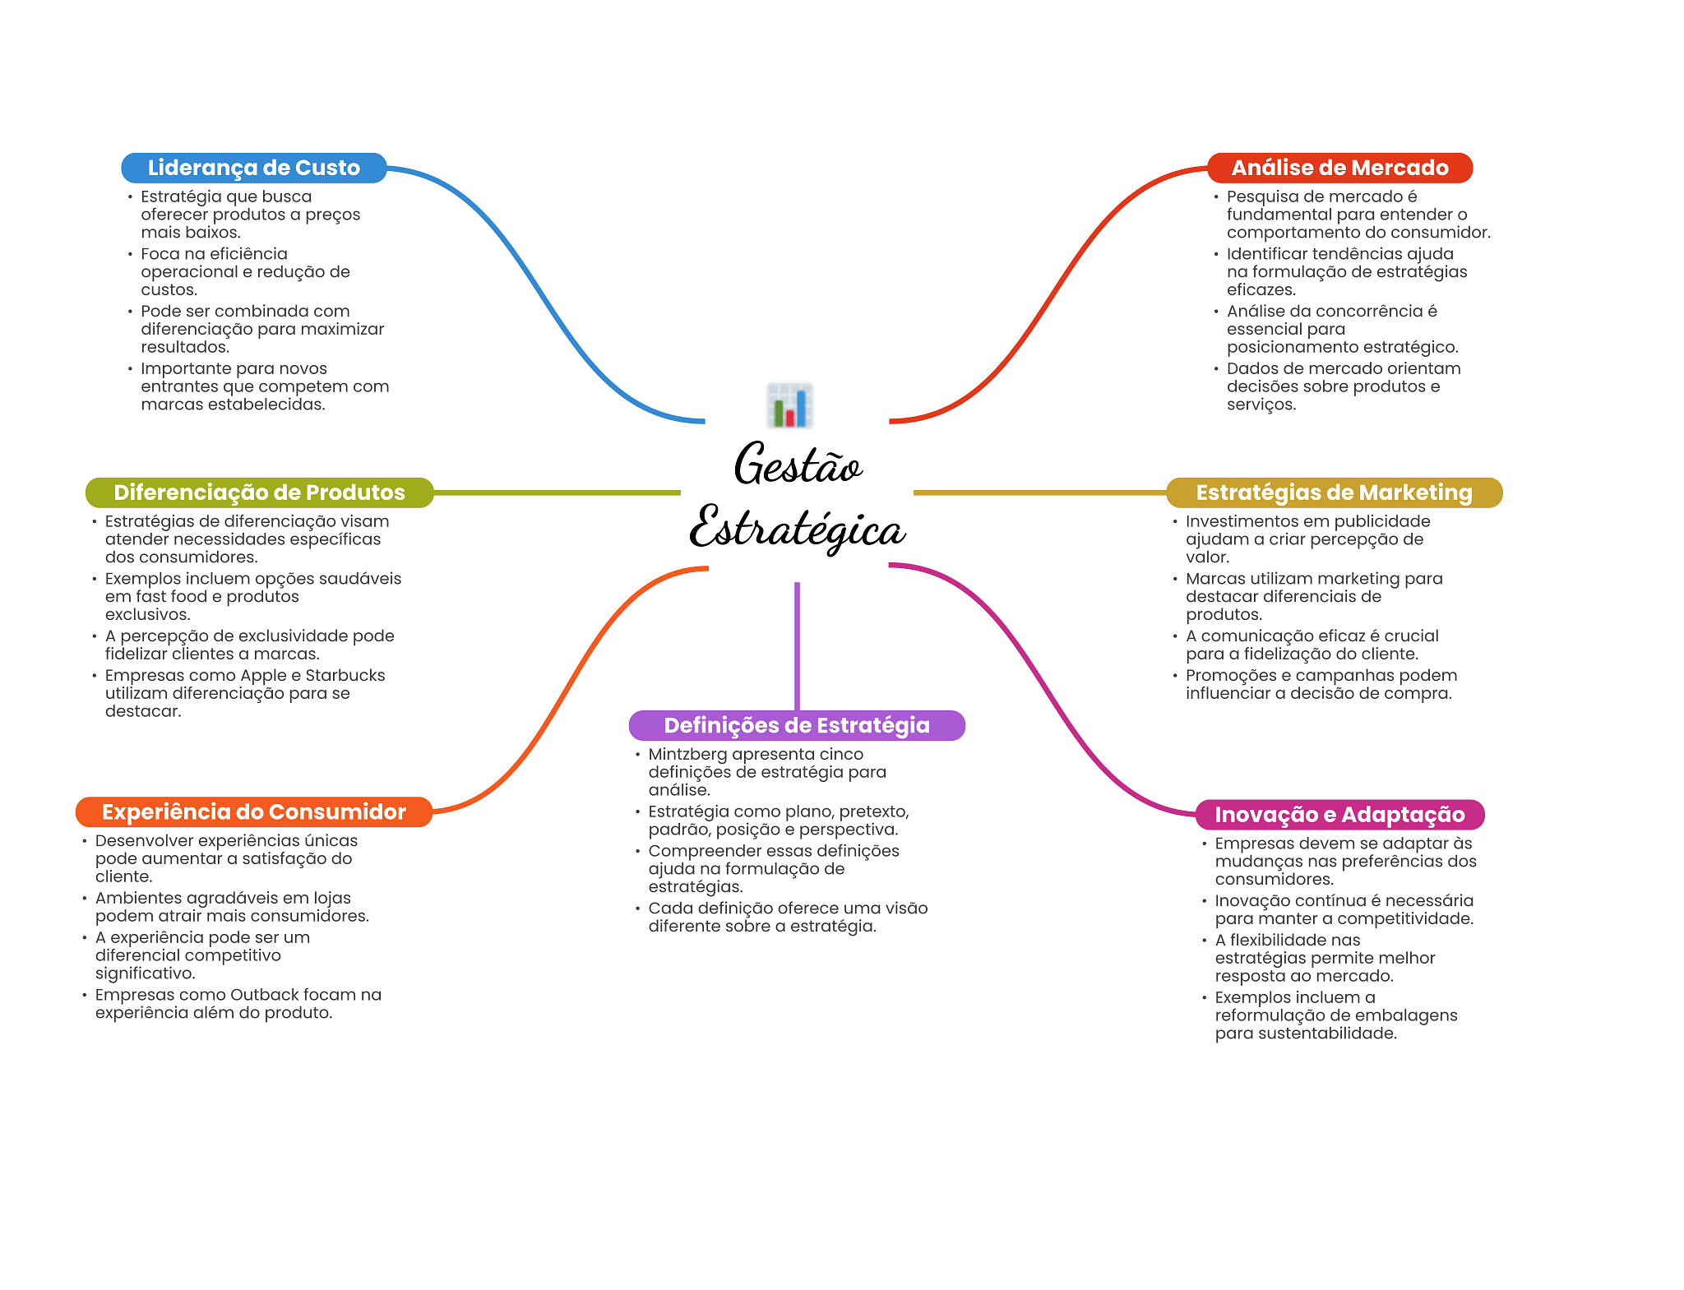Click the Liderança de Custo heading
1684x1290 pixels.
coord(253,168)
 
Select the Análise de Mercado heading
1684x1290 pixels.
coord(1339,168)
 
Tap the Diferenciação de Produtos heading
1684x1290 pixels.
coord(259,492)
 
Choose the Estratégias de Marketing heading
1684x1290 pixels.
coord(1334,492)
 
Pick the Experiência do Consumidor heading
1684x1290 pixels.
coord(253,811)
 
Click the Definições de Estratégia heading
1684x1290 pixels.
coord(797,725)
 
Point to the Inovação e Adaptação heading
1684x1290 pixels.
coord(1339,815)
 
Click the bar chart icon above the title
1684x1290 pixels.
coord(790,405)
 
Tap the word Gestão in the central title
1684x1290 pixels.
coord(798,465)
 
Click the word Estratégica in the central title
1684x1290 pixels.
coord(798,529)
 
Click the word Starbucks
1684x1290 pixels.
coord(345,675)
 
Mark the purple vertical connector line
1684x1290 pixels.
coord(797,645)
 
